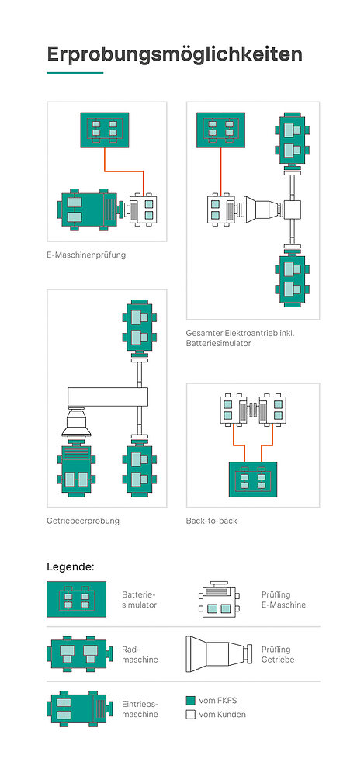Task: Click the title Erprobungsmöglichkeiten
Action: tap(175, 55)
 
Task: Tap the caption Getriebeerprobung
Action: tap(83, 521)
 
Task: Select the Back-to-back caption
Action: tap(211, 521)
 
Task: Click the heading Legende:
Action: tap(71, 566)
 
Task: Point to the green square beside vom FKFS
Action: tap(191, 701)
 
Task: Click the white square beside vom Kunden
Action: tap(191, 715)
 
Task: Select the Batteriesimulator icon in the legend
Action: tap(76, 599)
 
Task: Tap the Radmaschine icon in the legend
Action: tap(77, 654)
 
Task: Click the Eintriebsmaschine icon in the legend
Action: tap(76, 708)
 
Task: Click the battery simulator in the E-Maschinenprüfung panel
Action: tap(105, 130)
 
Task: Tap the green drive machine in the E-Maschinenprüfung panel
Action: tap(89, 210)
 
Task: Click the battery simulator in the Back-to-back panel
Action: tap(252, 479)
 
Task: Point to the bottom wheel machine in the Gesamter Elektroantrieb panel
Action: tap(292, 280)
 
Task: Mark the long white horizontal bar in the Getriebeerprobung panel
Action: tap(108, 397)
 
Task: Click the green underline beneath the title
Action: tap(75, 73)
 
